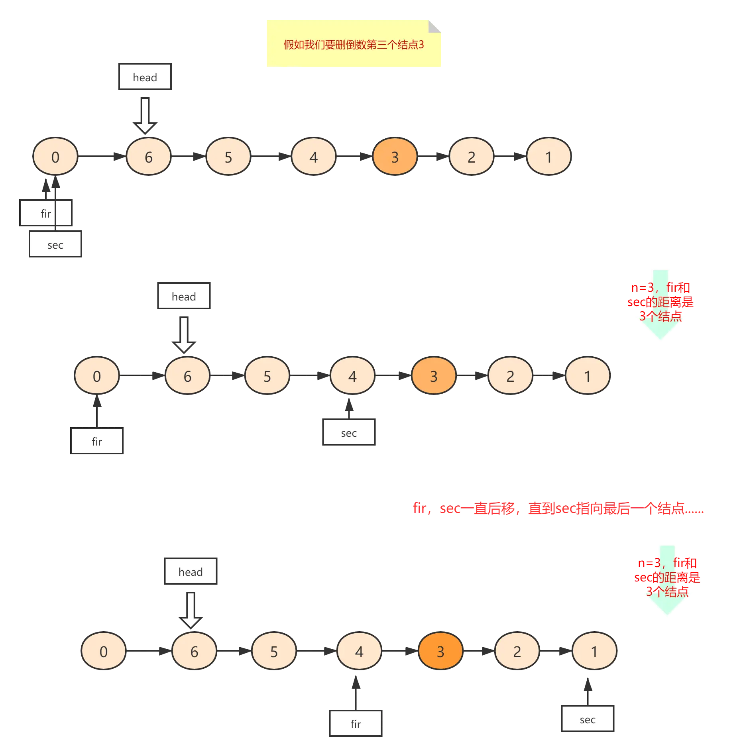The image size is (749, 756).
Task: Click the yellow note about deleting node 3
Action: point(354,43)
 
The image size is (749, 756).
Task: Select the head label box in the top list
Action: point(145,77)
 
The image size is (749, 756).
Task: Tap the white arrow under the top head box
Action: point(145,116)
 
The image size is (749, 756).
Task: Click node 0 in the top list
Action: point(55,157)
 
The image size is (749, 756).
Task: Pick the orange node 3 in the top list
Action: point(395,157)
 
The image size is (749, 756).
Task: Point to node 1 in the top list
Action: point(548,157)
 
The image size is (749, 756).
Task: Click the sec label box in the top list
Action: point(55,244)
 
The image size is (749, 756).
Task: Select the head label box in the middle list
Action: point(184,296)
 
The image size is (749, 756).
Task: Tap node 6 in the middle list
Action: point(187,376)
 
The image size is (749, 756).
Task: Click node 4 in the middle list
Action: point(352,376)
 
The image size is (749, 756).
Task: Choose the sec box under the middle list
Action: point(349,432)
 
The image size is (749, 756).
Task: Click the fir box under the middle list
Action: point(97,441)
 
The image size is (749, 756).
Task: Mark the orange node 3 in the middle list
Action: point(434,376)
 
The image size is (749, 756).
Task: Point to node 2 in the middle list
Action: point(510,376)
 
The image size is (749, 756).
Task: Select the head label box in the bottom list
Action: point(191,571)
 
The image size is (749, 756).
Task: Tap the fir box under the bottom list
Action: point(356,724)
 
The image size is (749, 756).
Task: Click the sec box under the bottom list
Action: point(588,719)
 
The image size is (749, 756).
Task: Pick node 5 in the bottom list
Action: point(274,651)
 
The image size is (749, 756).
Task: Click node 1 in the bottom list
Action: point(594,651)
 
